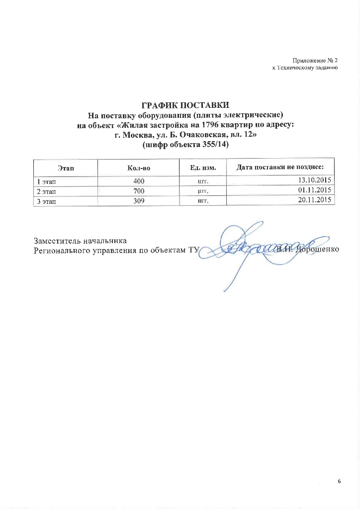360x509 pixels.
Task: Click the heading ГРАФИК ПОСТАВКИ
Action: (x=185, y=105)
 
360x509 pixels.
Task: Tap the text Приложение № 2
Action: (x=314, y=60)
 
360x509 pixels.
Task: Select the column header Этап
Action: (x=65, y=168)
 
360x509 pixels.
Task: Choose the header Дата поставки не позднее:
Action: (x=280, y=167)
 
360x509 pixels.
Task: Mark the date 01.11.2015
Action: (x=315, y=190)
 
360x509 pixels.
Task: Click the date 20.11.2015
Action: (x=315, y=200)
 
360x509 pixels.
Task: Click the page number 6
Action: (x=340, y=482)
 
